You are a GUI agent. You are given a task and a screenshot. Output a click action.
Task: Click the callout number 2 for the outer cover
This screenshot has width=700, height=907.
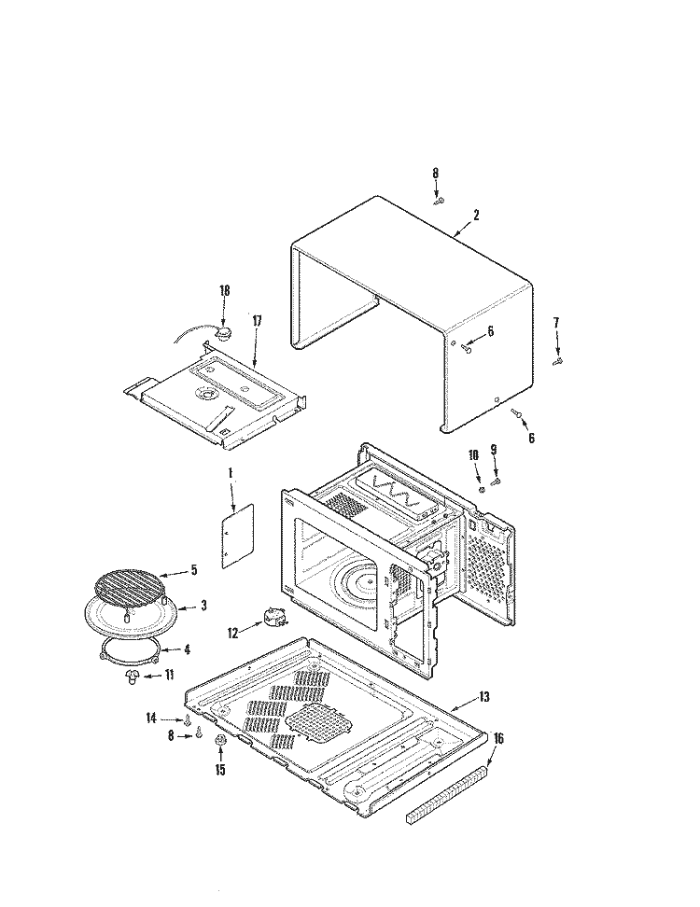tap(476, 216)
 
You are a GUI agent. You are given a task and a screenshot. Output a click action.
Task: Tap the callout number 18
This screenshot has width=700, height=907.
tap(224, 291)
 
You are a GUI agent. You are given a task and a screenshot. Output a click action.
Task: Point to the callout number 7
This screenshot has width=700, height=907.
tap(557, 323)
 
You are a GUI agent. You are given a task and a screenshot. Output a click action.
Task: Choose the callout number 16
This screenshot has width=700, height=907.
tap(498, 739)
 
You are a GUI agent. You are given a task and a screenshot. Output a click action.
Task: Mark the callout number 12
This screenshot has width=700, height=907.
tap(232, 633)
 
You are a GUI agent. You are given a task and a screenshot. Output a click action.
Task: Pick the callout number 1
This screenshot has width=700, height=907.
tap(230, 473)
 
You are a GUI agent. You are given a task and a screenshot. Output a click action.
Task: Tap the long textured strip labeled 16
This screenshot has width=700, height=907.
tap(447, 793)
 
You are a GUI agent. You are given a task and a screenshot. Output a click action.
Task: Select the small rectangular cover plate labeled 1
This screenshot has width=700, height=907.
tap(239, 537)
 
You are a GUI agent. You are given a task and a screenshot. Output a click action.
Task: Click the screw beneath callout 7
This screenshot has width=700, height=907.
tap(557, 361)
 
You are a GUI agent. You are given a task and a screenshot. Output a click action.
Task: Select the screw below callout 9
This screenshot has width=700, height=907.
tap(497, 481)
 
